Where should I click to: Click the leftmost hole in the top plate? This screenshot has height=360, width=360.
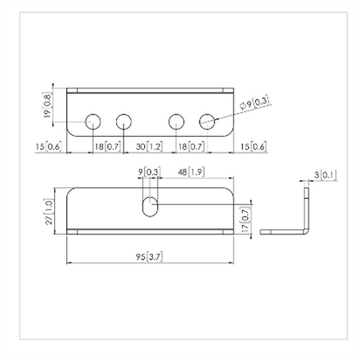pos(92,121)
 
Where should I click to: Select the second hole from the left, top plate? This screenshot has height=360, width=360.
pos(124,121)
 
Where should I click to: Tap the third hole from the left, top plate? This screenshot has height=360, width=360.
pos(177,121)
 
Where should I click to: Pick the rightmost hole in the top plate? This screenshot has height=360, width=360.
pos(209,121)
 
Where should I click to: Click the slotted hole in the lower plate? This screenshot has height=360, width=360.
pos(150,207)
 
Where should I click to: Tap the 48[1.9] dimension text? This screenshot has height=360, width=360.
pos(190,171)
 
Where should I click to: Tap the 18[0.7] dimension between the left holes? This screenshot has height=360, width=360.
pos(107,146)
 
